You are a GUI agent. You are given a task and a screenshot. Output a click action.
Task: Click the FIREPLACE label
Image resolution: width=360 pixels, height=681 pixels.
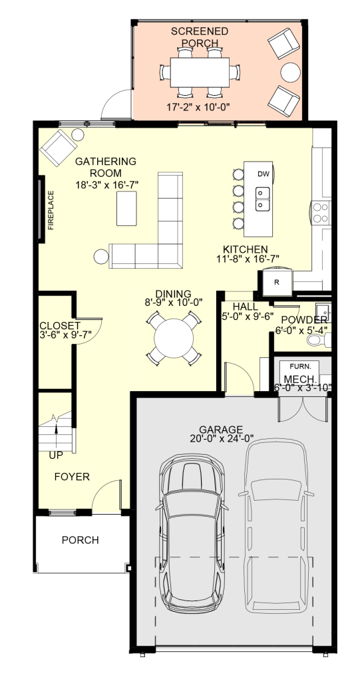[x=51, y=209]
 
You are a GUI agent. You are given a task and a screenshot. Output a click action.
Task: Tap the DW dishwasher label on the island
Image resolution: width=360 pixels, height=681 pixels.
[x=263, y=174]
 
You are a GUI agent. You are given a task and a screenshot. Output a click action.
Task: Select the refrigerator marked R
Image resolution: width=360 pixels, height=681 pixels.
[x=276, y=281]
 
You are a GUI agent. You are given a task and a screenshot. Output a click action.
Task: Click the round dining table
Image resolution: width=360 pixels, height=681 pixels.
[x=174, y=339]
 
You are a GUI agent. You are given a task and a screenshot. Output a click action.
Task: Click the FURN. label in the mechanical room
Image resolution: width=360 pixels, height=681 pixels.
[x=298, y=365]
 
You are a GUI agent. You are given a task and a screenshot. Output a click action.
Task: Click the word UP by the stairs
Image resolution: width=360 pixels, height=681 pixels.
[x=56, y=455]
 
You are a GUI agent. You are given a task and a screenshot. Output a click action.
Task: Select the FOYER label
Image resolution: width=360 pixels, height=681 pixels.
[x=72, y=477]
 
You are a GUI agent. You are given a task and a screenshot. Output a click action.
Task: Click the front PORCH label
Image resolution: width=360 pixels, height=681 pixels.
[x=80, y=540]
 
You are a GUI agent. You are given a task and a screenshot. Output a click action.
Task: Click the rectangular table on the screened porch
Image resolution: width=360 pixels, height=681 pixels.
[x=200, y=72]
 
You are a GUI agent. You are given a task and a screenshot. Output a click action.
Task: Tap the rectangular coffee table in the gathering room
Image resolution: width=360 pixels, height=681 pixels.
[x=126, y=208]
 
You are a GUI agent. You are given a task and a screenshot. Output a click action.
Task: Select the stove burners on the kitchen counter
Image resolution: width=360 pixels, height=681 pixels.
[x=321, y=213]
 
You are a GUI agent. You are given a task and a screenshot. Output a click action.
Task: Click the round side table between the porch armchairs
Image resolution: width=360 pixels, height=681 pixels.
[x=289, y=72]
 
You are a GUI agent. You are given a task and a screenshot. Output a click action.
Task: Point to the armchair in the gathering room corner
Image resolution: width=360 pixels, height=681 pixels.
[x=58, y=148]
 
